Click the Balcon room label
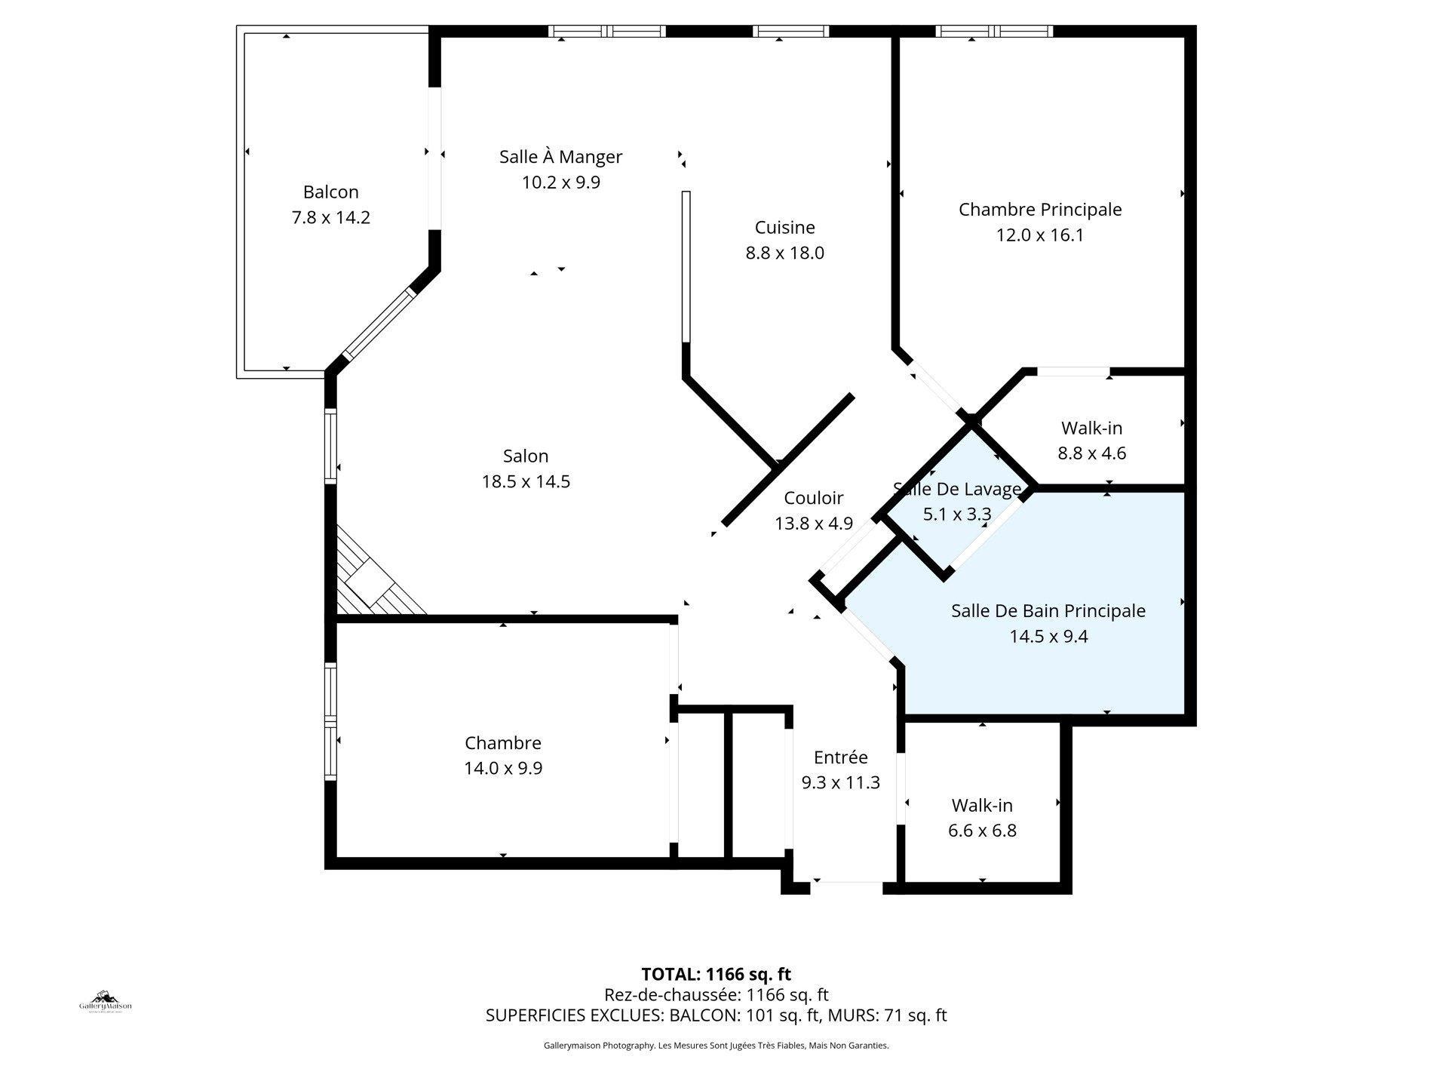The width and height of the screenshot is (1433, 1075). coord(330,192)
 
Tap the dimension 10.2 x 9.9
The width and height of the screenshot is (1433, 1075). coord(560,183)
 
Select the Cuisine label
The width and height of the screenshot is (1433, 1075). coord(784,227)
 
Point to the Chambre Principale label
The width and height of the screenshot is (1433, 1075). coord(1039,209)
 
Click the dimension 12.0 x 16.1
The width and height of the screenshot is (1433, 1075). coord(1039,235)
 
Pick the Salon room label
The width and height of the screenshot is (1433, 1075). coord(525,456)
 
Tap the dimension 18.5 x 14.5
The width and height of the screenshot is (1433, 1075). coord(525,481)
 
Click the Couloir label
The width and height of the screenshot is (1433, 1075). coord(813,498)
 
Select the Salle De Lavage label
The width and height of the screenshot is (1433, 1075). coord(956,489)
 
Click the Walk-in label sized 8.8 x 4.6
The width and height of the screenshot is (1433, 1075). coord(1091,428)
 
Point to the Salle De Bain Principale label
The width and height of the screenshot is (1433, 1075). coord(1048,611)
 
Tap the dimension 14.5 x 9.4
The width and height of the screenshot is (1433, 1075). coord(1048,637)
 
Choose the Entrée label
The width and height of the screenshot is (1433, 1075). coord(840,757)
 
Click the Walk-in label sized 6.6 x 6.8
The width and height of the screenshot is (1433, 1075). coord(981,805)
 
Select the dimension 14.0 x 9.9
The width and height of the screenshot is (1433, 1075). coord(502,769)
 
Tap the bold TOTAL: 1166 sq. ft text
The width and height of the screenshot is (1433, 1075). coord(715,974)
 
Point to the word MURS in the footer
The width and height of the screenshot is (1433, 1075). coord(849,1015)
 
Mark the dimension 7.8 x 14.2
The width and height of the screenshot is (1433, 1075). coord(330,217)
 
